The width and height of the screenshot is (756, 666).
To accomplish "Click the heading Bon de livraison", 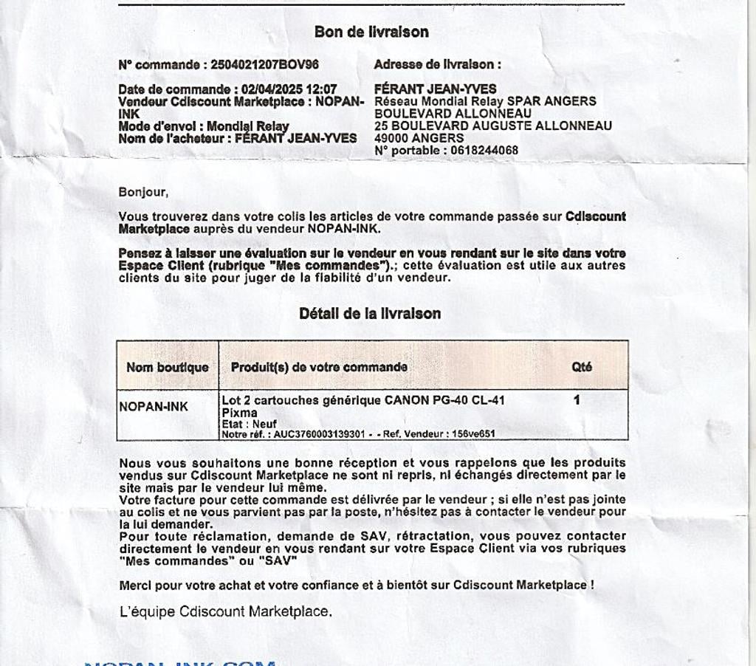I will pyautogui.click(x=371, y=32).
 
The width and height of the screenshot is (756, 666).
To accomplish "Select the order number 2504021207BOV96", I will pyautogui.click(x=264, y=65).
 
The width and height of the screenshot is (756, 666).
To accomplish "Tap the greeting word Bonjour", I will pyautogui.click(x=143, y=193).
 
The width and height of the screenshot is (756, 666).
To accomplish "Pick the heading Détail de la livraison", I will pyautogui.click(x=370, y=314).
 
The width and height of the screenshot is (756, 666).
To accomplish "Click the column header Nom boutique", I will pyautogui.click(x=168, y=367).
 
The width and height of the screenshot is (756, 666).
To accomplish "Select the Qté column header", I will pyautogui.click(x=582, y=367).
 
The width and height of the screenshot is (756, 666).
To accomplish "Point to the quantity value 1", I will pyautogui.click(x=577, y=400).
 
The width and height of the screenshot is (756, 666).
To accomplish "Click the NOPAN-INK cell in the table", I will pyautogui.click(x=154, y=406).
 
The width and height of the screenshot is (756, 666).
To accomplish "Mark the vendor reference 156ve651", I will pyautogui.click(x=473, y=434).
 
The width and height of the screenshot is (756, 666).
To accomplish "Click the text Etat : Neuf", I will pyautogui.click(x=250, y=424).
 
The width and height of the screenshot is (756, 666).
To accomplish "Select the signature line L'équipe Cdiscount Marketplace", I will pyautogui.click(x=225, y=611).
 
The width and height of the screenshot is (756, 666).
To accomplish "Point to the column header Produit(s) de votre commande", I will pyautogui.click(x=319, y=367).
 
